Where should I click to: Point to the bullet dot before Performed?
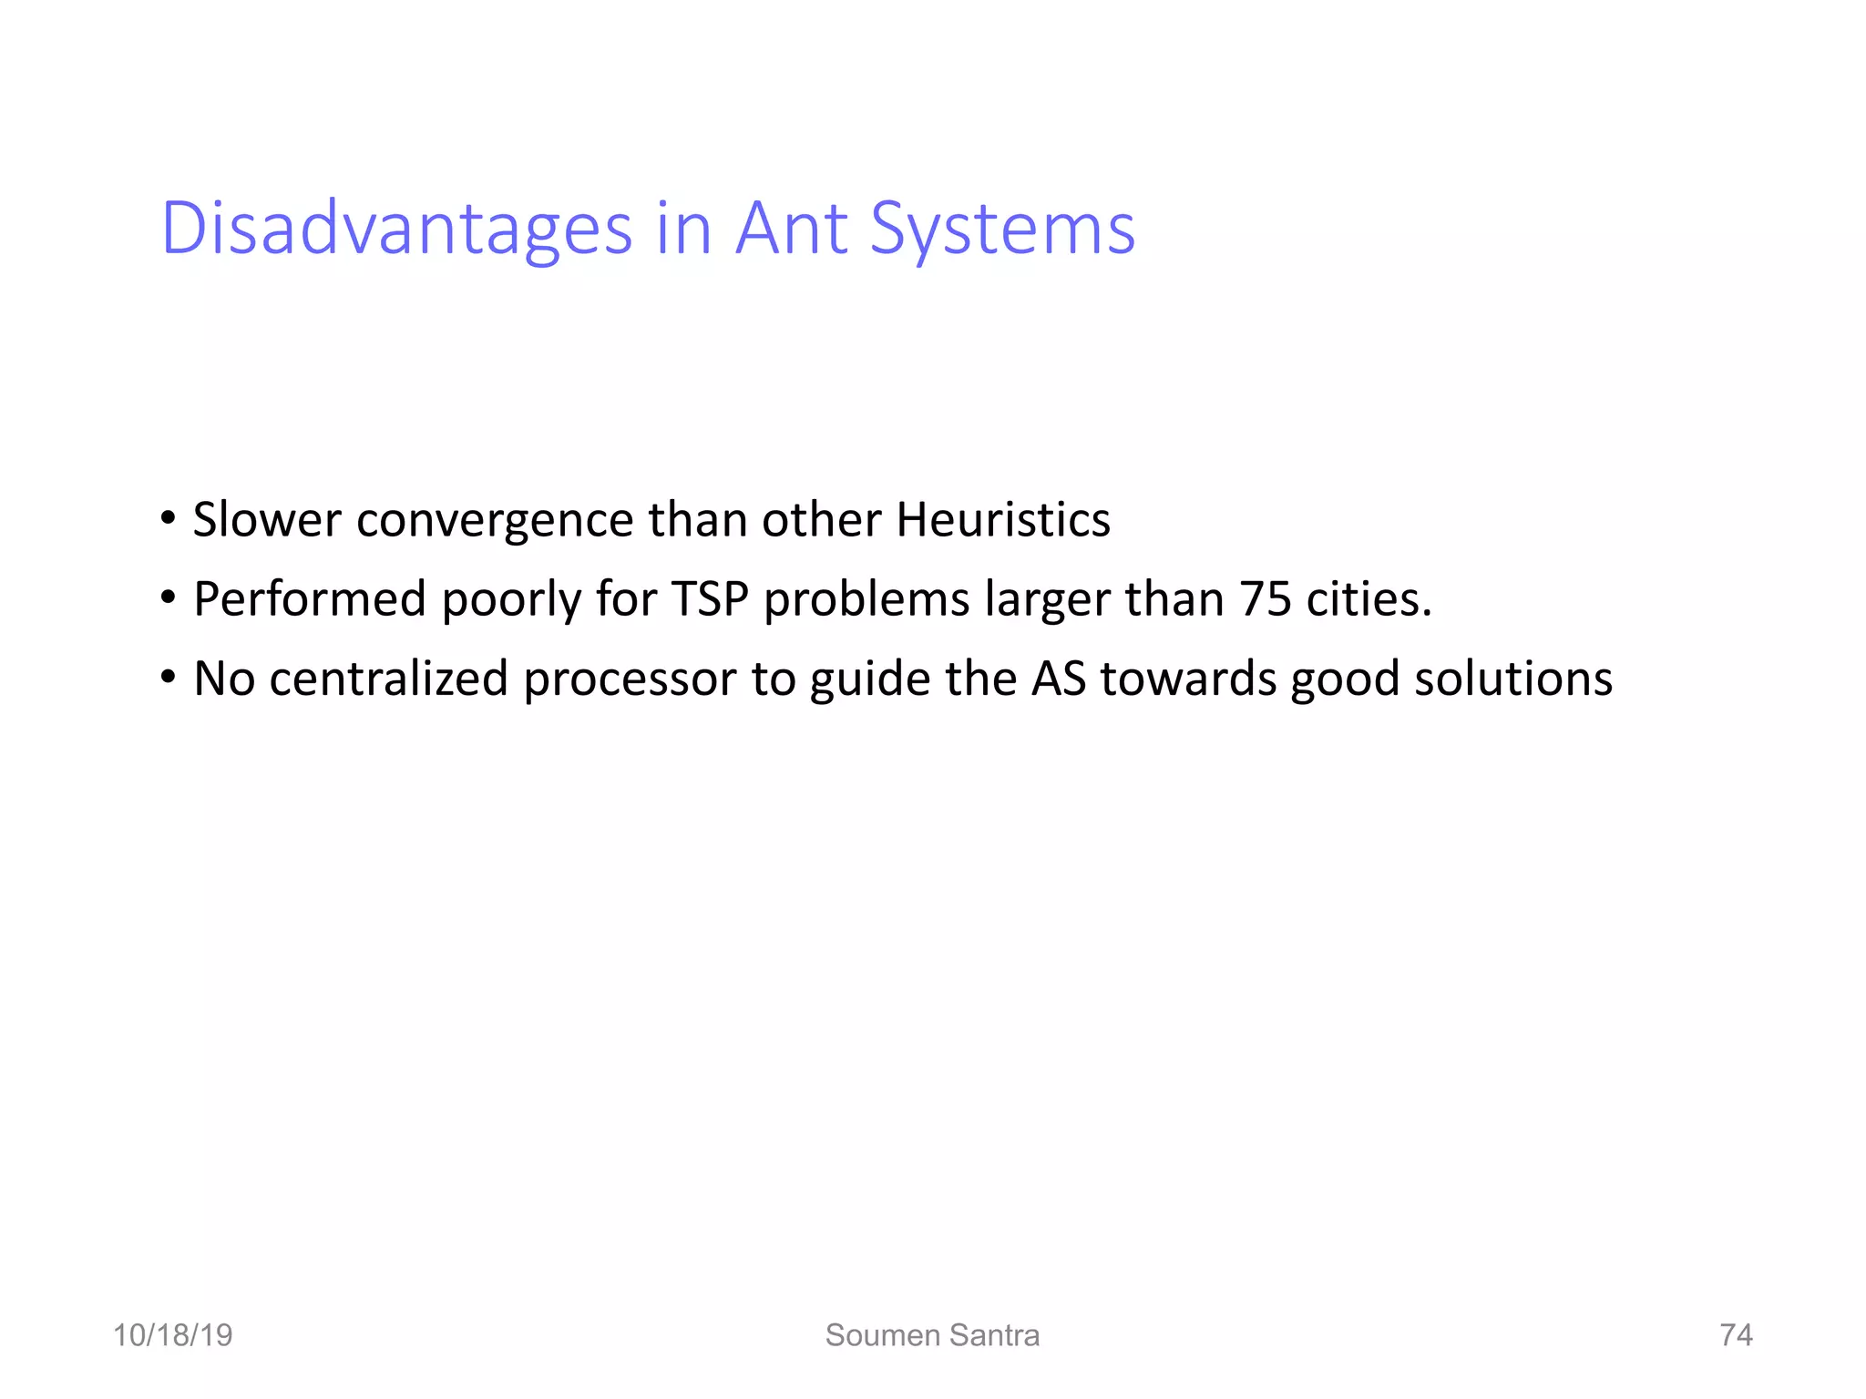click(x=168, y=598)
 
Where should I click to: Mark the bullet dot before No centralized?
click(x=168, y=678)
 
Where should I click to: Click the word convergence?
click(x=495, y=521)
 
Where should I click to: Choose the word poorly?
click(x=511, y=601)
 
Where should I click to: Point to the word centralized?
click(x=388, y=679)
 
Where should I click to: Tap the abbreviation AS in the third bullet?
click(x=1059, y=679)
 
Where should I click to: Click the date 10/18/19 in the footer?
click(x=172, y=1334)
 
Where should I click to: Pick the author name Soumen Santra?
click(x=932, y=1334)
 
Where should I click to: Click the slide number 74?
click(x=1736, y=1334)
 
